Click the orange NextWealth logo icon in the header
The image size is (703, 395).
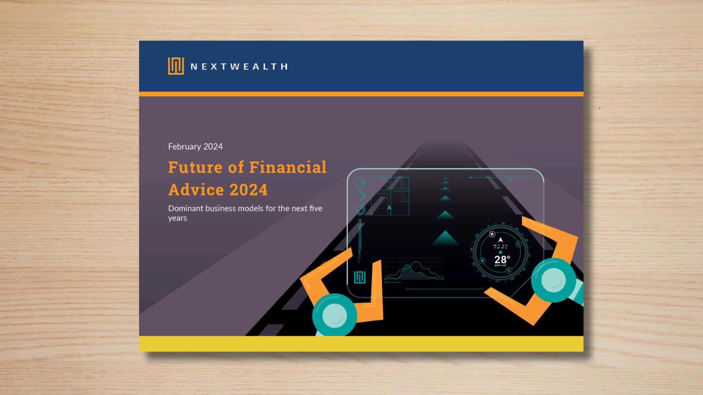click(x=176, y=66)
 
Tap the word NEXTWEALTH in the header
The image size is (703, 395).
click(x=239, y=67)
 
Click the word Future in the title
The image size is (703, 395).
click(x=195, y=168)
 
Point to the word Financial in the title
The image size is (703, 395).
click(x=287, y=168)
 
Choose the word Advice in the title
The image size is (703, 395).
click(x=196, y=190)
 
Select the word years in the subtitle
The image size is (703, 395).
click(x=177, y=218)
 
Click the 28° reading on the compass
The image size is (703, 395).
click(x=502, y=260)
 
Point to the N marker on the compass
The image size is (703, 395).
click(x=492, y=234)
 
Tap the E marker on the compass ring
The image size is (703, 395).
click(x=518, y=244)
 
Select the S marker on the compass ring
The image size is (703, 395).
click(x=509, y=270)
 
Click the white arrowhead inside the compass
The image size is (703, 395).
click(x=501, y=240)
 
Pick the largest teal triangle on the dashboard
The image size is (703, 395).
click(x=445, y=239)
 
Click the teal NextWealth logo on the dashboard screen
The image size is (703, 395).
click(x=360, y=277)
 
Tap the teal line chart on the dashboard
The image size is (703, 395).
click(x=414, y=271)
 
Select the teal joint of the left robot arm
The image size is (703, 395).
click(x=334, y=315)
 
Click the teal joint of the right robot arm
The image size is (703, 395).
click(x=553, y=280)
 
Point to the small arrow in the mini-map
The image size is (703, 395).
click(x=389, y=208)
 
